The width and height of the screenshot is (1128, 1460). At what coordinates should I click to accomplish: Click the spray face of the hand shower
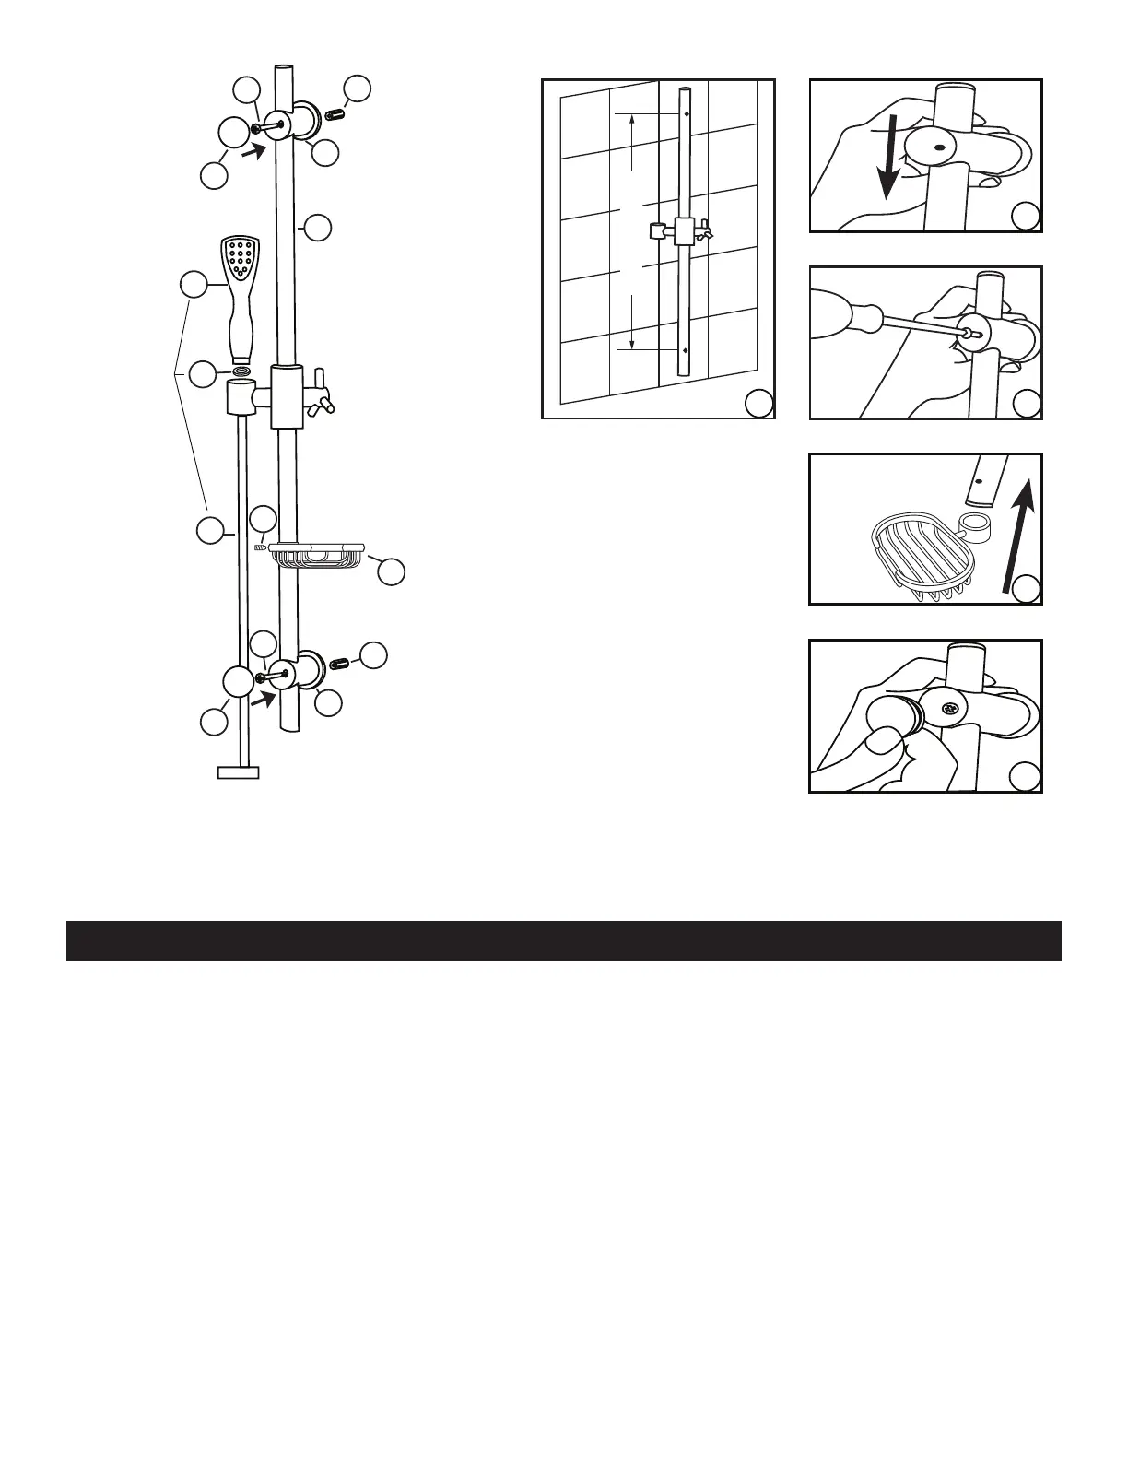241,258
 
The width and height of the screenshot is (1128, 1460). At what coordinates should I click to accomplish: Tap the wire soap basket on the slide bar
315,555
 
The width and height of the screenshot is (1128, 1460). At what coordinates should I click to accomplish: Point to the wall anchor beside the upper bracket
334,114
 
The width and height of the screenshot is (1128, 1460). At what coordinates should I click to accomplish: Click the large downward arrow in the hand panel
887,167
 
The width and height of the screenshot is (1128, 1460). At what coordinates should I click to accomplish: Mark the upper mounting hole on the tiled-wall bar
687,114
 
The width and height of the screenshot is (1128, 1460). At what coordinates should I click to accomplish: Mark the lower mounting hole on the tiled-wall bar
687,350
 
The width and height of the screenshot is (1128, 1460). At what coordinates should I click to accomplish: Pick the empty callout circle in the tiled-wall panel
758,402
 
